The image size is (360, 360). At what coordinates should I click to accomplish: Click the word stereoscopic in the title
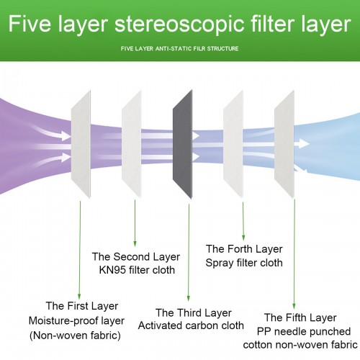coord(179,24)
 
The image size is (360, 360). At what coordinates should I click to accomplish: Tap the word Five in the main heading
coord(30,24)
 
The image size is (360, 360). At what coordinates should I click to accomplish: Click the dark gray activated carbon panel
coord(183,144)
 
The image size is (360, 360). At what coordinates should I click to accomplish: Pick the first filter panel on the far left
coord(81,144)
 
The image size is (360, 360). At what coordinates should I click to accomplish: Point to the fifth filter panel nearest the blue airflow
coord(284,144)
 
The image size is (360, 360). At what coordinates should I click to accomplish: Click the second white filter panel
coord(132,144)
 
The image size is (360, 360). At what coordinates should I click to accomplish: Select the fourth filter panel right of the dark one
coord(233,144)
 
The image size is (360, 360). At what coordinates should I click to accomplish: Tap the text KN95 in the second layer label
coord(112,270)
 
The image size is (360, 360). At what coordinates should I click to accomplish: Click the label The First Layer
coord(82,306)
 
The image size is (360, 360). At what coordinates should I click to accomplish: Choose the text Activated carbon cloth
coord(191,325)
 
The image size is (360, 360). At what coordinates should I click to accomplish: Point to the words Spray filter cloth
coord(244,263)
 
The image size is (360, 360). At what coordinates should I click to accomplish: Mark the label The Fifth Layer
coord(300,318)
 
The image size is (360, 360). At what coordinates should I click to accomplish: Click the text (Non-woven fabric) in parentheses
coord(75,336)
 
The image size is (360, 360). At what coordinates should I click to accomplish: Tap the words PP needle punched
coord(304,332)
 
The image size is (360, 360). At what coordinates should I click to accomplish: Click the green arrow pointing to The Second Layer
coord(135,223)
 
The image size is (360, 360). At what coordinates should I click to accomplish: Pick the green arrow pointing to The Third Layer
coord(189,253)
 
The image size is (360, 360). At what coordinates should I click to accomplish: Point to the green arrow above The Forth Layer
coord(243,221)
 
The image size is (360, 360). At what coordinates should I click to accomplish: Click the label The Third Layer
coord(194,313)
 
